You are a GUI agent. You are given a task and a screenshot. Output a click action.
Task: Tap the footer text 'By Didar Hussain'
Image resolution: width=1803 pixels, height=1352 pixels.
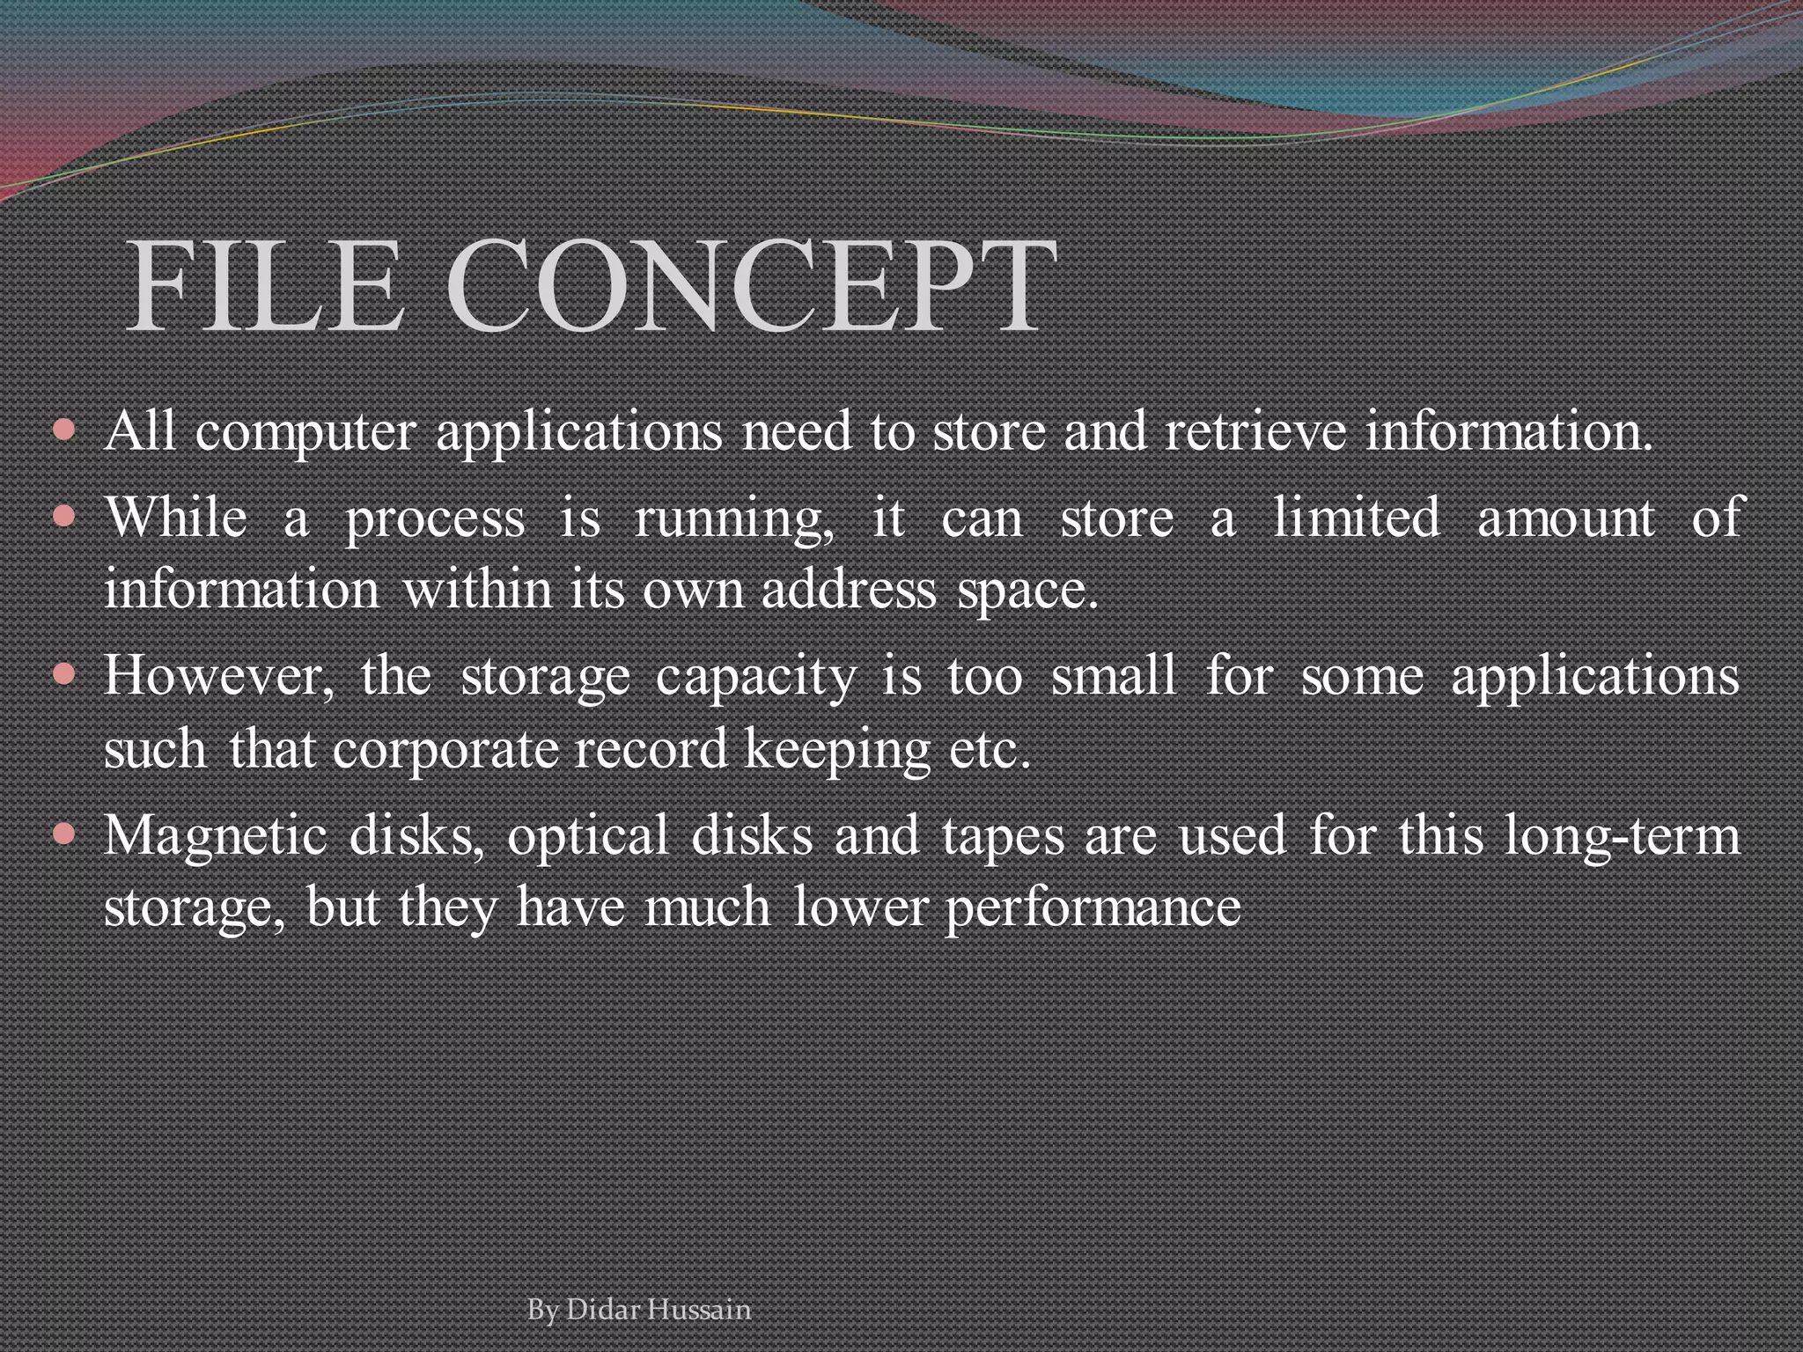point(639,1310)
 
